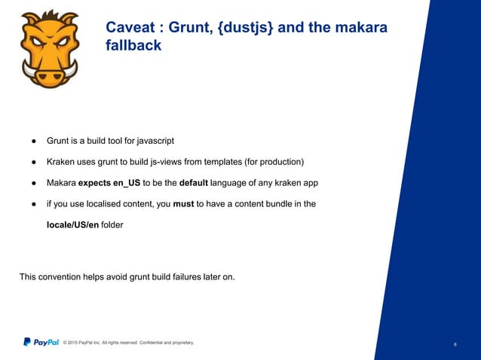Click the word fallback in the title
point(133,46)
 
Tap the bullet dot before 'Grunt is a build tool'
point(34,141)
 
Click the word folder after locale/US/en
point(112,224)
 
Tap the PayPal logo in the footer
point(41,343)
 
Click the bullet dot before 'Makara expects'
point(34,183)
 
